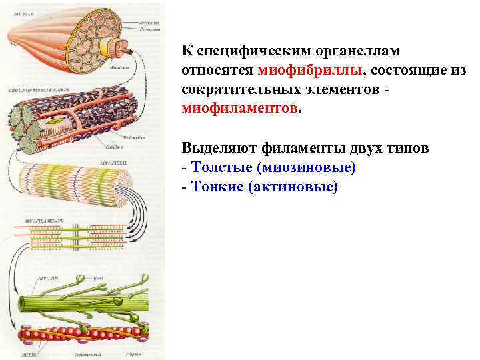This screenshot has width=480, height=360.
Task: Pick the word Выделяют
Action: click(223, 147)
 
